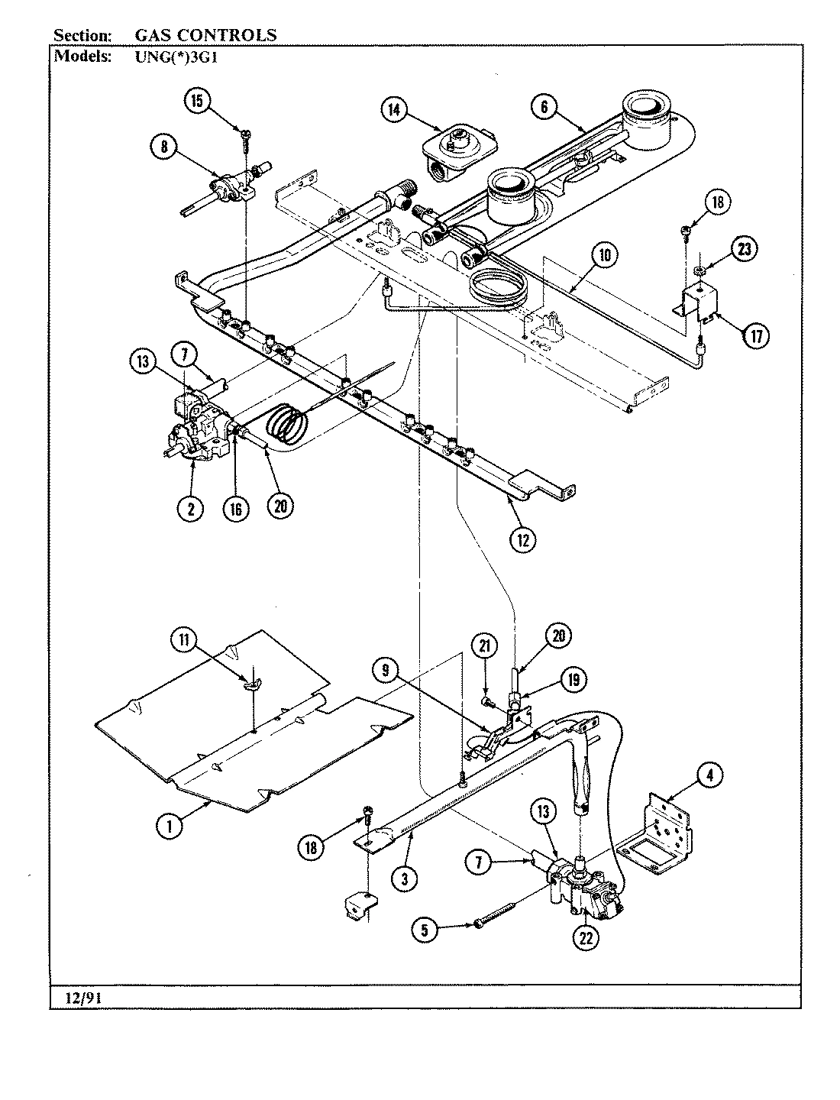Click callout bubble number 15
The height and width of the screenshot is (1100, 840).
pos(199,103)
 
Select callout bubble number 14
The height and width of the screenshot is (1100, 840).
pos(394,110)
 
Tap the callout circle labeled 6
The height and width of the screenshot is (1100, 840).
pos(544,108)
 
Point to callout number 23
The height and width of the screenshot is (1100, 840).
pos(742,248)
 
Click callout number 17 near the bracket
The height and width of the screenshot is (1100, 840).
pos(756,335)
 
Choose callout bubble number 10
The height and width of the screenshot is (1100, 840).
pos(604,256)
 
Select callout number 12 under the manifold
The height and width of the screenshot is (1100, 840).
pos(524,539)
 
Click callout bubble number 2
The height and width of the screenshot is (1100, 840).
pos(190,508)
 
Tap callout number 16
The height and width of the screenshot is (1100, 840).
pos(237,508)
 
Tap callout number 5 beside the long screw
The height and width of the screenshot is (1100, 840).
pos(425,930)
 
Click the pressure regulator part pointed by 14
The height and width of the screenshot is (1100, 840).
pos(456,149)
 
